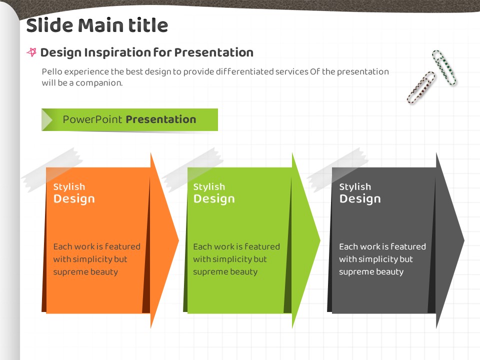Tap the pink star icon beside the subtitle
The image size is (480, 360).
coord(31,52)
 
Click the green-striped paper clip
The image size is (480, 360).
coord(444,67)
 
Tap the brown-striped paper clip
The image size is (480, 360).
coord(421,87)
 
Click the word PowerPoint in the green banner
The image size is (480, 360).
coord(92,119)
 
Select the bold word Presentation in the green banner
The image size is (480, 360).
coord(161,119)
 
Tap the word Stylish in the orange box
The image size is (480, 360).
coord(69,186)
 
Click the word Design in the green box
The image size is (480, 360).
coord(214,198)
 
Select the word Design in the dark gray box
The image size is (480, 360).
coord(360,198)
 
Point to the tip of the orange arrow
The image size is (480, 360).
coord(178,240)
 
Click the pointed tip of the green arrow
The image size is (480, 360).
coord(320,240)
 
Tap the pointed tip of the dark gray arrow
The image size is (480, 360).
coord(464,240)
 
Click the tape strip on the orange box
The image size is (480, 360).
coord(52,170)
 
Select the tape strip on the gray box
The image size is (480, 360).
coord(337,170)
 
